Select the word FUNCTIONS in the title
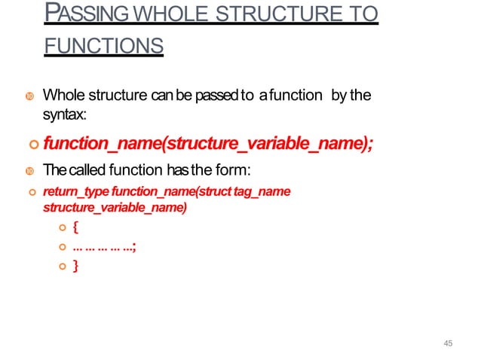click(103, 47)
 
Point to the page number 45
click(449, 343)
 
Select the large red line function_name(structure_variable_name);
click(208, 144)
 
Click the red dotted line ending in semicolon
click(104, 246)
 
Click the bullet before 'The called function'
click(29, 170)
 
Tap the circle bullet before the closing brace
click(63, 266)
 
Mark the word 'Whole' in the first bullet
click(62, 96)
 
